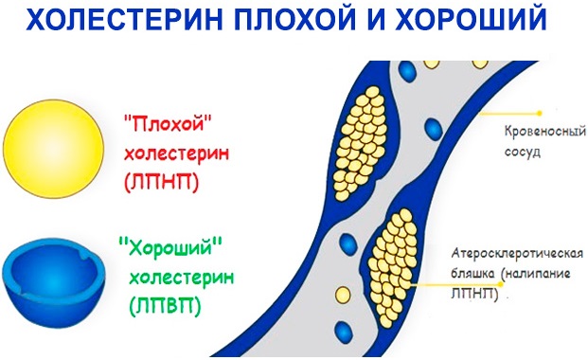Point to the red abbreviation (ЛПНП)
pos(161,182)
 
